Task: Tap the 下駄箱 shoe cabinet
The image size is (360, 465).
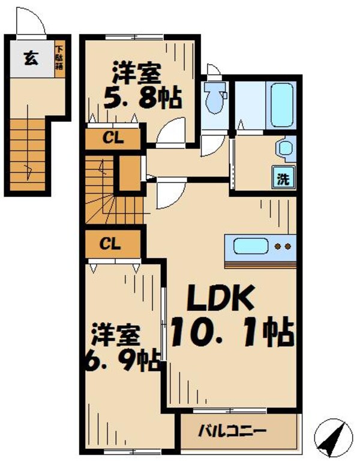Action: [60, 58]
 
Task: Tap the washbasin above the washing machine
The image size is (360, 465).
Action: [284, 148]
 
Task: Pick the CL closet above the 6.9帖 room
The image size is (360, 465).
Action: [112, 244]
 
